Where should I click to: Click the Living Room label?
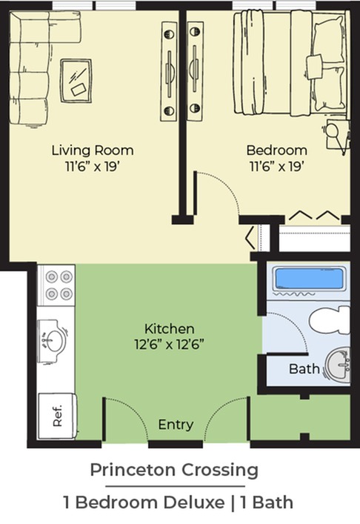pos(93,150)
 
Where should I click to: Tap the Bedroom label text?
pos(277,150)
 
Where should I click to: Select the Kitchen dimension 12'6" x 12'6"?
pos(170,344)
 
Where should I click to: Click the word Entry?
pos(176,425)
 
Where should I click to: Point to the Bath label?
pos(304,369)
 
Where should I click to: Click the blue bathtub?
pos(310,279)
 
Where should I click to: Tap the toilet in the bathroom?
pos(330,320)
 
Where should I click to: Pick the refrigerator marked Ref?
pos(57,416)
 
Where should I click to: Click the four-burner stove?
pos(56,285)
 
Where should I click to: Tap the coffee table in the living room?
pos(76,81)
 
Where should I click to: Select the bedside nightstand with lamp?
pos(337,133)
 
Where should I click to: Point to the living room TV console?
pos(169,71)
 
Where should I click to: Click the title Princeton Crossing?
pos(174,471)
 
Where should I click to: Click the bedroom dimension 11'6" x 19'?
pos(277,166)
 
